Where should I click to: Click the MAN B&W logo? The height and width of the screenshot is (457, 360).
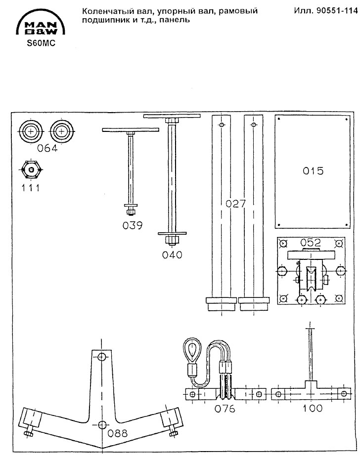pyautogui.click(x=41, y=23)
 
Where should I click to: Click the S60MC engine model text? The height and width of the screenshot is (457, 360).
pyautogui.click(x=41, y=43)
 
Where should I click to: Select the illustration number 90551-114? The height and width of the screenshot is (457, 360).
pyautogui.click(x=325, y=11)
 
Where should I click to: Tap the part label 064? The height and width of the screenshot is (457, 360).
pyautogui.click(x=47, y=148)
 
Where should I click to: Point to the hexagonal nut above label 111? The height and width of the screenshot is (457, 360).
pyautogui.click(x=32, y=170)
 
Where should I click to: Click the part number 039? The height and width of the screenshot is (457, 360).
pyautogui.click(x=133, y=225)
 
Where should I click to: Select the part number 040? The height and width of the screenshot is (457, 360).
pyautogui.click(x=172, y=255)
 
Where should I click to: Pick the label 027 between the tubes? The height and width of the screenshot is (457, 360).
pyautogui.click(x=236, y=204)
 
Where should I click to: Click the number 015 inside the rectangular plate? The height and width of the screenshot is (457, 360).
pyautogui.click(x=313, y=170)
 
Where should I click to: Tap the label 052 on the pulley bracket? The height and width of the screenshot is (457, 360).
pyautogui.click(x=311, y=243)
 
